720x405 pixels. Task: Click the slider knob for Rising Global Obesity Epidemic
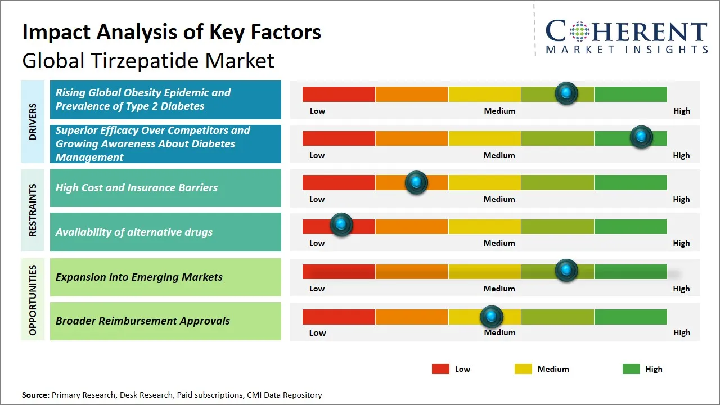[566, 93]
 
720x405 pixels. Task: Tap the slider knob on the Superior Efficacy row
[641, 137]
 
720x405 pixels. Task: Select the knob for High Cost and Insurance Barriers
[416, 182]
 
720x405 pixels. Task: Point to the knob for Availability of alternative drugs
[341, 224]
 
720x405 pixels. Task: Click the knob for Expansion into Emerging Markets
[566, 270]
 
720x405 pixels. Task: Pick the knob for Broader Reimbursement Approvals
[492, 317]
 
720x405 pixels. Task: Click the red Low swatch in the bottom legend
[440, 369]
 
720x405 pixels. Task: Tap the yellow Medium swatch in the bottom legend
[523, 369]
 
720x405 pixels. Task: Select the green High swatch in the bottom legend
[631, 369]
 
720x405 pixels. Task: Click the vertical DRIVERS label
[32, 121]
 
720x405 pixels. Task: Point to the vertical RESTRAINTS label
[32, 210]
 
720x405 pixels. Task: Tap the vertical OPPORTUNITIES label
[32, 300]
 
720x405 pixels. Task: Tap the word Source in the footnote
[35, 395]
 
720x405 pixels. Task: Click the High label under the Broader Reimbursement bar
[681, 332]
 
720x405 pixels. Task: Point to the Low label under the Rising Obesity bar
[317, 111]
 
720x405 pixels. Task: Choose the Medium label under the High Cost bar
[499, 199]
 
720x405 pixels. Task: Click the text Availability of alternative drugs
[134, 232]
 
